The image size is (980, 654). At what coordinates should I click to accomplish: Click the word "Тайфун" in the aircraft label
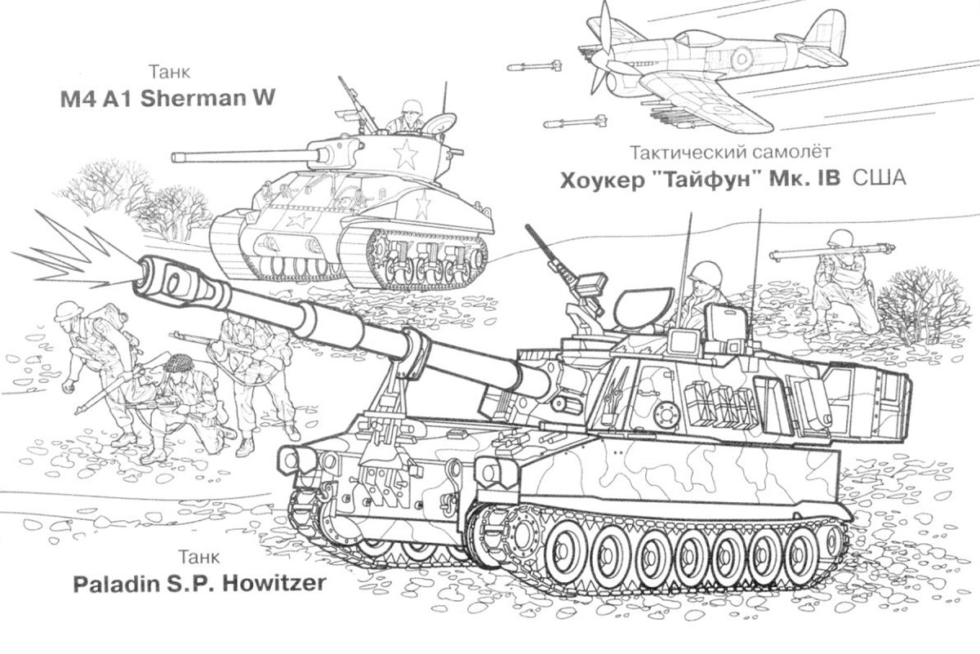[x=708, y=180]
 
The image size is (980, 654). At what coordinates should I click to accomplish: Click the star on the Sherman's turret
[x=406, y=154]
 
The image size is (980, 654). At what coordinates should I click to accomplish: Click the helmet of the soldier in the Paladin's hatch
[x=705, y=273]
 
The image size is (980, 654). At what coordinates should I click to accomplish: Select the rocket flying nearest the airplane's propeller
[x=534, y=66]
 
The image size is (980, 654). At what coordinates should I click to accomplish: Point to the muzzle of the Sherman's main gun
[x=175, y=157]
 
